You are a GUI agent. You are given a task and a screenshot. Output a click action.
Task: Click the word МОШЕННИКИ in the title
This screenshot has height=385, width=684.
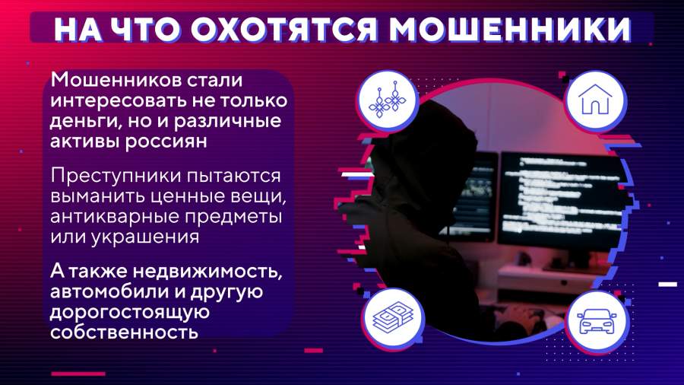pos(510,30)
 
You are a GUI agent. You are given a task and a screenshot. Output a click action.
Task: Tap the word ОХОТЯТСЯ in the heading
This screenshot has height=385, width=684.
pos(283,30)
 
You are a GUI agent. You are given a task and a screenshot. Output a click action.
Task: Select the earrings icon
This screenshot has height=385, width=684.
pos(387,100)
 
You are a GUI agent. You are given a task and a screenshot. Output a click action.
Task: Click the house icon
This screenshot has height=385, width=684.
pos(595,99)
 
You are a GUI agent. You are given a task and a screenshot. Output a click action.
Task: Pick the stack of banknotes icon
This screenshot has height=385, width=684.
pos(393,318)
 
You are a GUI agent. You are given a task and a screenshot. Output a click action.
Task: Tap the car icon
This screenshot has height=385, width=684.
pos(596,321)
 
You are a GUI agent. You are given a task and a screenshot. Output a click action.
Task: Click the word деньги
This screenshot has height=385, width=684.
pos(84,122)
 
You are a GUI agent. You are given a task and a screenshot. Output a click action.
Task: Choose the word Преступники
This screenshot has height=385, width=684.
pos(116,177)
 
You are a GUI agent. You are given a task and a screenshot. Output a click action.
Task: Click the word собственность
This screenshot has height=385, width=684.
pos(125,332)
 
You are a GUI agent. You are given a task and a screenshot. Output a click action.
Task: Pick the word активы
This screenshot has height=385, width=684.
pos(84,142)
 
